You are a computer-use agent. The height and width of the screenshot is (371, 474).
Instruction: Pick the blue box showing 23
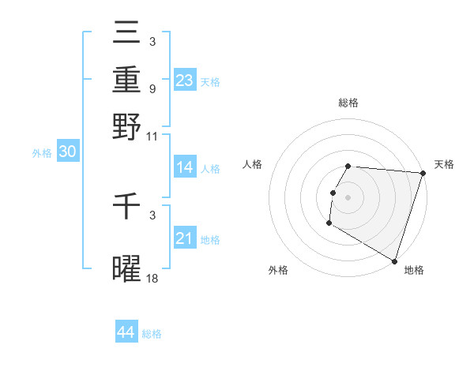click(185, 80)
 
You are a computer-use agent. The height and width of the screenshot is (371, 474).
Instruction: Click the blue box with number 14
click(185, 167)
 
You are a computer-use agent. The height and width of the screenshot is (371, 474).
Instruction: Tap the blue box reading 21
click(185, 238)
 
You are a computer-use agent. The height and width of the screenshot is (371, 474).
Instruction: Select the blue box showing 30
click(67, 152)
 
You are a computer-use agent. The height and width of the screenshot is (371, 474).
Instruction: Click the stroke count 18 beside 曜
click(152, 279)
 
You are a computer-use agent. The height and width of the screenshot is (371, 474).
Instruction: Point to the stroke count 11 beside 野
click(152, 136)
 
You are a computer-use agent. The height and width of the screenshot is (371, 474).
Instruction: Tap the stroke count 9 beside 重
click(152, 89)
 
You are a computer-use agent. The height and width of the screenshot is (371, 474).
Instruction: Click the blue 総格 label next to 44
click(152, 334)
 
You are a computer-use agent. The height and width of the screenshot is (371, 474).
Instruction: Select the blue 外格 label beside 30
click(42, 153)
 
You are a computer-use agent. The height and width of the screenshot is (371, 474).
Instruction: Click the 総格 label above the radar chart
click(348, 103)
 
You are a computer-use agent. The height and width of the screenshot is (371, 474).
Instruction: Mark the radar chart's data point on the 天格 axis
click(423, 174)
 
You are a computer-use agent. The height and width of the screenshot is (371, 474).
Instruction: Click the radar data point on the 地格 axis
click(393, 260)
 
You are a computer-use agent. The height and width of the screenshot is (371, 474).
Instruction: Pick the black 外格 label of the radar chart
click(278, 270)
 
